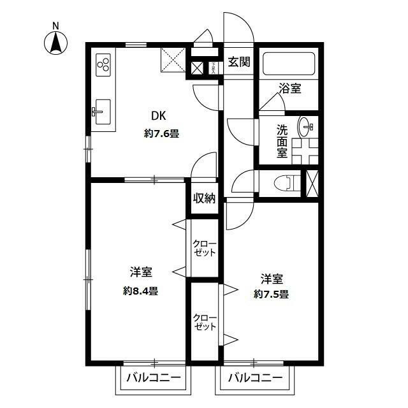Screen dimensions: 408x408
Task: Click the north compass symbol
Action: pos(55,42)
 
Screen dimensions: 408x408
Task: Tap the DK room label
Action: pos(158,117)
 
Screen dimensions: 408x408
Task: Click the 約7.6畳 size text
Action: pos(161,134)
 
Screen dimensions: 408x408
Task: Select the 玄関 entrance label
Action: pos(239,62)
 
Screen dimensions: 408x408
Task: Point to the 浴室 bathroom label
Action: pos(289,89)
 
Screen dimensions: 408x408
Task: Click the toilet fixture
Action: pos(284,182)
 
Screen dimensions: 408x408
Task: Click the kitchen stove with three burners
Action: pos(104,64)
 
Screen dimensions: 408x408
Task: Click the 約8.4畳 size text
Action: pos(142,291)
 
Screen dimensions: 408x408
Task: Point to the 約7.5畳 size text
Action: pos(271,294)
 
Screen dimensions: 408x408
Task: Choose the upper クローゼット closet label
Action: pos(205,248)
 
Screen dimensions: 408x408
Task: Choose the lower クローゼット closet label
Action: pos(205,322)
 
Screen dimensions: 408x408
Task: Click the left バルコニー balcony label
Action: pos(153,377)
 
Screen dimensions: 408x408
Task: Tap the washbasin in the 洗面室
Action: pos(309,127)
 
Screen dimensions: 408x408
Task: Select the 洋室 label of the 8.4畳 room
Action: pos(141,272)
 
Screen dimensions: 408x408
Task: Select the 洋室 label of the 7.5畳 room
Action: pos(271,278)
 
